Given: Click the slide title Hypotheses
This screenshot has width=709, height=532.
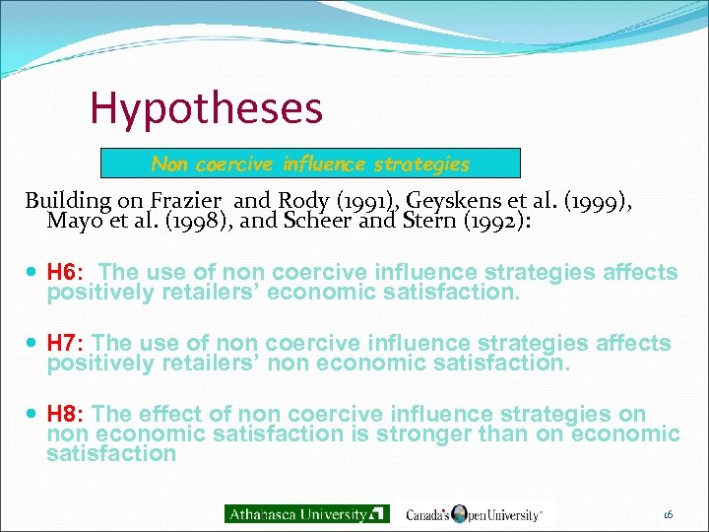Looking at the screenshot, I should pyautogui.click(x=206, y=108).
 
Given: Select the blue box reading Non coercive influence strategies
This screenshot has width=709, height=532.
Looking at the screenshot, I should pyautogui.click(x=310, y=164).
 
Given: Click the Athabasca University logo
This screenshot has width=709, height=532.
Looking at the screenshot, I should pyautogui.click(x=306, y=513).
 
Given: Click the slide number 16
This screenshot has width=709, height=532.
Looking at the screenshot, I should pyautogui.click(x=668, y=514).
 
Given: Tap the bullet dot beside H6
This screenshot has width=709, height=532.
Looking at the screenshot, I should pyautogui.click(x=34, y=273).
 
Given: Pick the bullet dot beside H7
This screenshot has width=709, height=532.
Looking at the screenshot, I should pyautogui.click(x=34, y=344).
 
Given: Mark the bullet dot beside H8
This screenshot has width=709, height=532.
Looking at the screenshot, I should pyautogui.click(x=34, y=415).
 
